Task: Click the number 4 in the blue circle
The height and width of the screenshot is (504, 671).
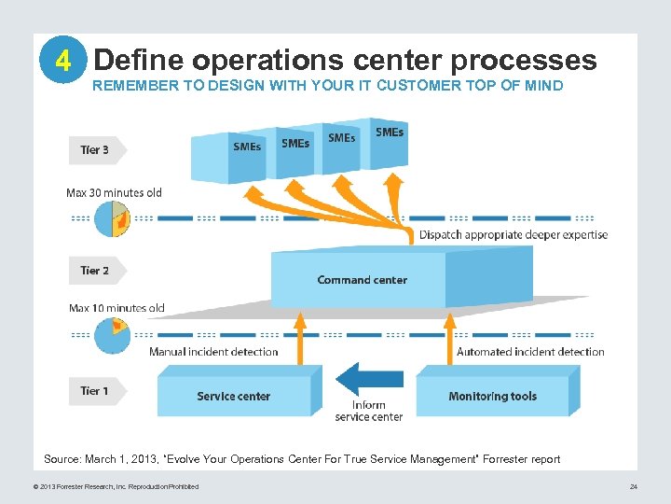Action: tap(62, 62)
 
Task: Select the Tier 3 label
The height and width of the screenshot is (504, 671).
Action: tap(95, 149)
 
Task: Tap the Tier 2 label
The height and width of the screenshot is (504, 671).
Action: tap(95, 271)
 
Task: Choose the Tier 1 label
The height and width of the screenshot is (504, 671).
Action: tap(95, 391)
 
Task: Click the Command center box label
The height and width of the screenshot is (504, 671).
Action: tap(362, 280)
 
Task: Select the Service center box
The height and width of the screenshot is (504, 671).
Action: tap(233, 397)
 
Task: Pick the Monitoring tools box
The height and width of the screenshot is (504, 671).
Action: tap(492, 397)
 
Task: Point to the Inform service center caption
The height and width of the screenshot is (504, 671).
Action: tap(369, 411)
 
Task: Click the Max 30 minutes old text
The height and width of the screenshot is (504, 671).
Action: tap(114, 193)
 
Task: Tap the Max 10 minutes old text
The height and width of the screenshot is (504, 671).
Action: tap(116, 308)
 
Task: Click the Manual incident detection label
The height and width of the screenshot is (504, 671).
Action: tap(213, 352)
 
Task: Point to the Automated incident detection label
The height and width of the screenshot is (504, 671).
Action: tap(530, 352)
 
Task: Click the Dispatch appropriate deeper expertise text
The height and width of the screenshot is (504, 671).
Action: tap(514, 235)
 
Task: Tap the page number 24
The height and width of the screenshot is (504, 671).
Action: tap(633, 486)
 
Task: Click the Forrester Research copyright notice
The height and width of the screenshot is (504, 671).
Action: tap(109, 486)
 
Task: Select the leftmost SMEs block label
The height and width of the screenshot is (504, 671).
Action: tap(247, 147)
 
